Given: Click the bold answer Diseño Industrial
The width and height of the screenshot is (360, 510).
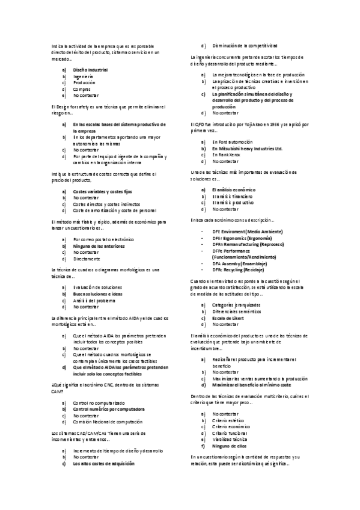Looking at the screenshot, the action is click(x=90, y=70).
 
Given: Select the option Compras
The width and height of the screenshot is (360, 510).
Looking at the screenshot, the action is click(x=82, y=89).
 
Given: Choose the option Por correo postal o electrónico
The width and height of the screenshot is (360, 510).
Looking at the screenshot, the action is click(x=103, y=239).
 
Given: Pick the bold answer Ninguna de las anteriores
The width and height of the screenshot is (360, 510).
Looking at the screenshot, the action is click(x=98, y=246).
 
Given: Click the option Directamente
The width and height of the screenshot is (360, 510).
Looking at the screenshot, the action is click(x=87, y=259).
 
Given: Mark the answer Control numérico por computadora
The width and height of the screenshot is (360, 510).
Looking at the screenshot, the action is click(x=108, y=409).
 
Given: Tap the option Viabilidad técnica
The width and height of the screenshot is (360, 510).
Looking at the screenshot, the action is click(x=231, y=440).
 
